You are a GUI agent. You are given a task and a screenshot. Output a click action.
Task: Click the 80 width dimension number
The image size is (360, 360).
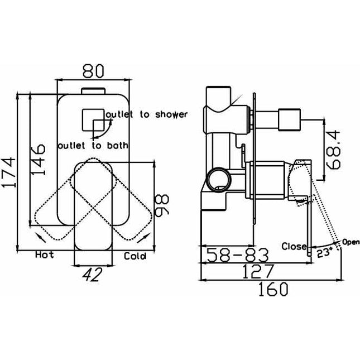(93, 71)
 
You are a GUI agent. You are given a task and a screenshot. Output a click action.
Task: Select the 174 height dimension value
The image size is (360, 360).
(9, 172)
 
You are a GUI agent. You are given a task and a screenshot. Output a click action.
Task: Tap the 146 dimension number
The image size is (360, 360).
(38, 160)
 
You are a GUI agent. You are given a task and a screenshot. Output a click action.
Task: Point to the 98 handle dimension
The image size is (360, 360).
(162, 205)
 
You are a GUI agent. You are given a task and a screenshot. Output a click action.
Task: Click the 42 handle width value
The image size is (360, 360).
(93, 275)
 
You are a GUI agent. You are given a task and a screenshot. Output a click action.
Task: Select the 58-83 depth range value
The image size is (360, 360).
(237, 255)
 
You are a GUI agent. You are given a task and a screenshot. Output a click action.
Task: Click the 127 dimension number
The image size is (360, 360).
(258, 271)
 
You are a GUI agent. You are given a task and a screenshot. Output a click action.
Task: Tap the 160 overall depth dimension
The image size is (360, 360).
(273, 289)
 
